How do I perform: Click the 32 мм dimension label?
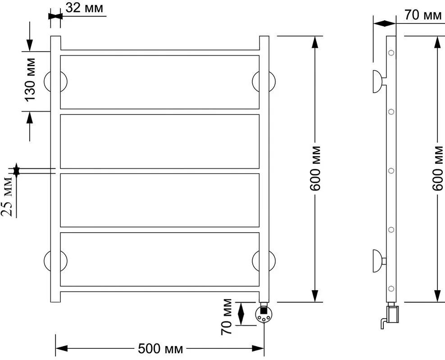pos(84,8)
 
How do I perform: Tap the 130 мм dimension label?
pos(30,80)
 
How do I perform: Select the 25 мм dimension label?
pos(7,197)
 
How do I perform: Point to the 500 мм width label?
pos(160,348)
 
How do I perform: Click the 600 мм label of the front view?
pos(315,169)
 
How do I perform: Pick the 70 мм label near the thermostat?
pos(227,317)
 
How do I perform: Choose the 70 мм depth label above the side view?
pos(423,15)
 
